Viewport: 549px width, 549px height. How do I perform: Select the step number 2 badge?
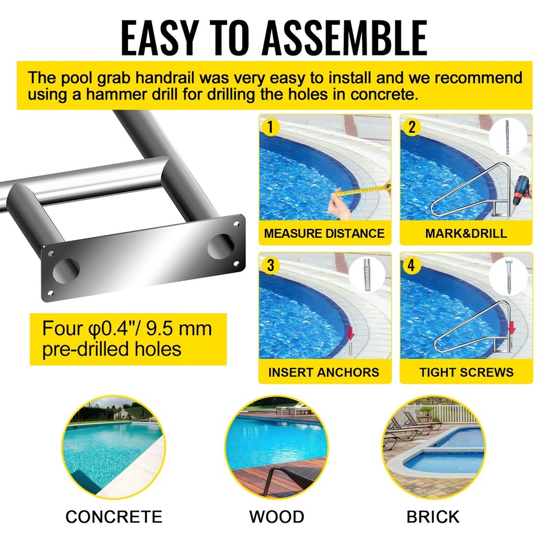pos(411,126)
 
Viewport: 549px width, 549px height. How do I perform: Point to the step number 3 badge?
pos(270,265)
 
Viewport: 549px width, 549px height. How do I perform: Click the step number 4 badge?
pos(411,265)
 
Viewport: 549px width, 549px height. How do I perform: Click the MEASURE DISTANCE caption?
pos(324,233)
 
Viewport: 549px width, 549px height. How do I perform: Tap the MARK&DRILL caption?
pos(466,233)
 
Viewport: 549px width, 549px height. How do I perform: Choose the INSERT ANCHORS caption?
pos(324,372)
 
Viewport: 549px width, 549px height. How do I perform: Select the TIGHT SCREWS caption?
pos(466,372)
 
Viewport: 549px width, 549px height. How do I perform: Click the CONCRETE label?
pos(114,517)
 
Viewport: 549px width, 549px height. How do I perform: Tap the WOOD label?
pos(276,517)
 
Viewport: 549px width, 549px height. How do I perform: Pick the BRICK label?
pos(433,517)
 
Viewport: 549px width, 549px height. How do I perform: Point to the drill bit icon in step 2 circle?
pos(507,137)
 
